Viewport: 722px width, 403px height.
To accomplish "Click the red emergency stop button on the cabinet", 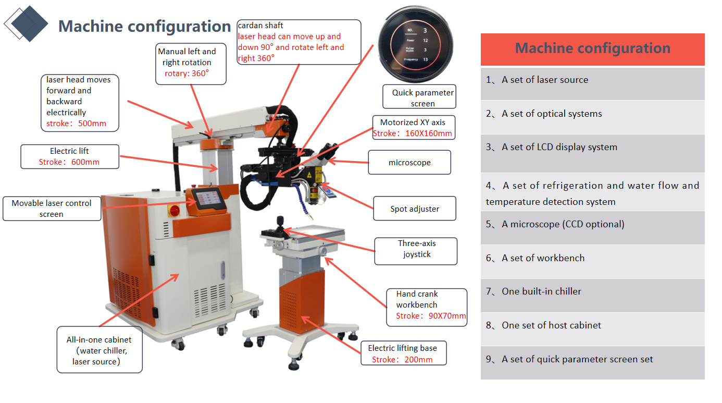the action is (x=175, y=211).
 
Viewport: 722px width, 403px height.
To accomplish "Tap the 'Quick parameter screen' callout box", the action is (x=419, y=97).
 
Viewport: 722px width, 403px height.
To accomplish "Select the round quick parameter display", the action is (x=416, y=44).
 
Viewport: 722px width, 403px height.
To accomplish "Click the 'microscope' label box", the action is (x=409, y=162).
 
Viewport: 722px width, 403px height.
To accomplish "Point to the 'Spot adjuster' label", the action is (x=415, y=209).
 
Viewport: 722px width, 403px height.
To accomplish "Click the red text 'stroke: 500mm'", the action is (x=76, y=124).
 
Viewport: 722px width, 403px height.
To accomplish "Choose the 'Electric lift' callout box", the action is (x=70, y=156).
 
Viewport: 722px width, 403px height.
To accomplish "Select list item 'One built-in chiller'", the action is (x=541, y=291).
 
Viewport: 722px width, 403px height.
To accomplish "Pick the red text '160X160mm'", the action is (x=428, y=133).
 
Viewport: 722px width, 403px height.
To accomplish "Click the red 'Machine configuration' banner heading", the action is (x=592, y=48).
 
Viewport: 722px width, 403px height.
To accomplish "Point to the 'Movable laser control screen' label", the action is (x=52, y=209).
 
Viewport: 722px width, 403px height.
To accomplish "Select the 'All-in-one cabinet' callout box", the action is (x=99, y=350).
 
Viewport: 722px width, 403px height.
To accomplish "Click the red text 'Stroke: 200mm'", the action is (x=402, y=359).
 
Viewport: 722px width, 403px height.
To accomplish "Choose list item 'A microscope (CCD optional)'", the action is (x=563, y=224).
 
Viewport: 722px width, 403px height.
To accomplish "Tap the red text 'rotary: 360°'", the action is (x=186, y=74).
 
